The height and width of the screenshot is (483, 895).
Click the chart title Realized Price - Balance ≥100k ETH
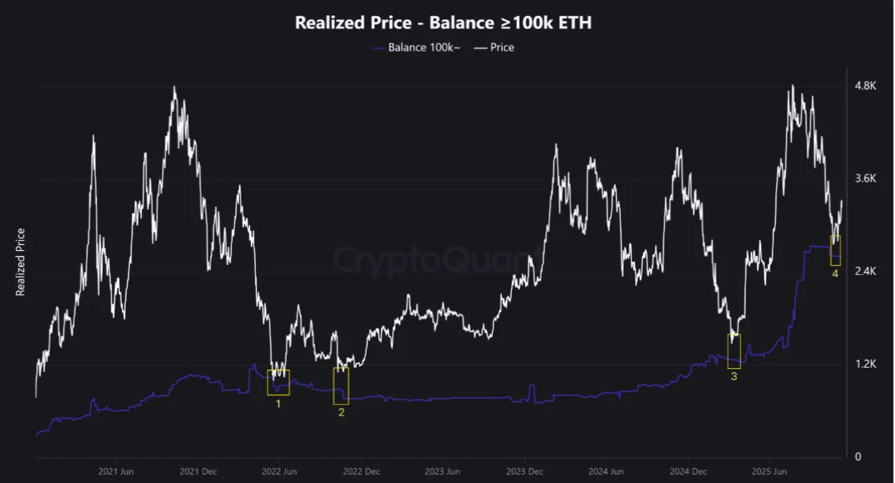(443, 22)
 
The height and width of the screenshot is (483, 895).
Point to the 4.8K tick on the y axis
(865, 86)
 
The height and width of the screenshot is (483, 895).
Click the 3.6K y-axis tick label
(865, 179)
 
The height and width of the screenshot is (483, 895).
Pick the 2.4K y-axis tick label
(865, 271)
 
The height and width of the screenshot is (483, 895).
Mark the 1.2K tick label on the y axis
(865, 364)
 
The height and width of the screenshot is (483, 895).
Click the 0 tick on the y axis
(857, 457)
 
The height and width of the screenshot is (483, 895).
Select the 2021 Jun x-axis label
(116, 472)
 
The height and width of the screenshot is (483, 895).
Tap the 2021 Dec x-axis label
(198, 472)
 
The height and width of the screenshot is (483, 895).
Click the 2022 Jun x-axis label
(280, 472)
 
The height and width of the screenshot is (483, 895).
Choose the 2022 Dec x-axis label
(361, 472)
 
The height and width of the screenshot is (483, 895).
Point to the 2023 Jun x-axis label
(443, 472)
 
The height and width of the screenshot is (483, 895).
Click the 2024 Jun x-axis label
(606, 472)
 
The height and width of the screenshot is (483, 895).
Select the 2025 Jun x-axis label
(769, 472)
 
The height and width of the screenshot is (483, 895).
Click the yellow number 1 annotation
(278, 404)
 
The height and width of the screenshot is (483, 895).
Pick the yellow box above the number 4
(835, 250)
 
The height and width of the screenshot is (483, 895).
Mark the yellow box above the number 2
(341, 386)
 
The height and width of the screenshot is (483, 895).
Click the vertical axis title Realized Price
(20, 262)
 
